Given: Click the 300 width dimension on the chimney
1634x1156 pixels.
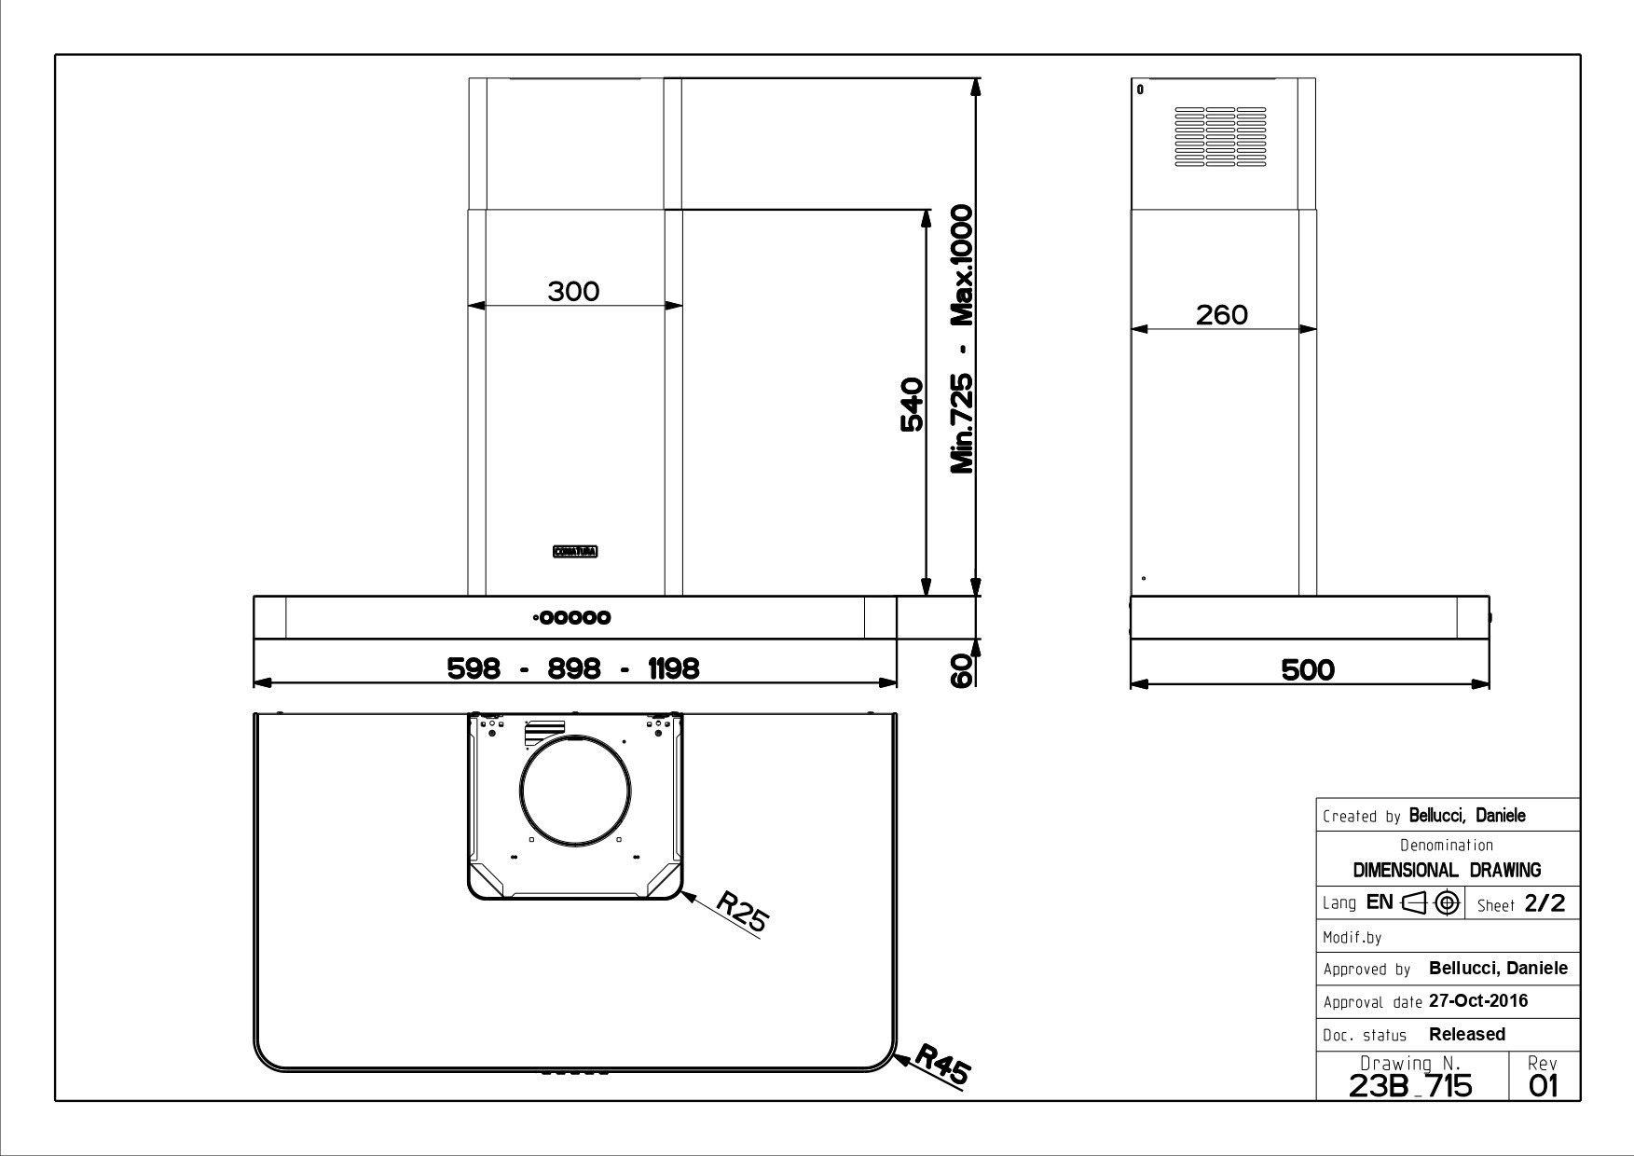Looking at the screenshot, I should [x=573, y=292].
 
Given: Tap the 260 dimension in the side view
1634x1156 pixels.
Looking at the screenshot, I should [x=1221, y=315].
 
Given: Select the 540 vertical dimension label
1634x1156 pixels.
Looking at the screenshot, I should [x=912, y=405].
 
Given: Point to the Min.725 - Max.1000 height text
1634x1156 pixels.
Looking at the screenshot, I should [x=962, y=339].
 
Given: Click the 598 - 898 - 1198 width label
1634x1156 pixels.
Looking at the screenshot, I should [x=573, y=668].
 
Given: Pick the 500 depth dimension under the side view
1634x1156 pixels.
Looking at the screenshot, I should [x=1308, y=669].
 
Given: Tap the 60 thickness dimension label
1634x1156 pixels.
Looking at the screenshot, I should [x=962, y=670].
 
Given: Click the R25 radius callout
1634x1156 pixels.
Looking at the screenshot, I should [x=742, y=912].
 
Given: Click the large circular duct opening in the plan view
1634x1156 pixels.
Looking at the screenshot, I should [x=576, y=790].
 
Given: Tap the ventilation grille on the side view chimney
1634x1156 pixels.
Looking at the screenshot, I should [x=1220, y=137].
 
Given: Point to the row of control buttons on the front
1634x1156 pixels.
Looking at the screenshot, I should [x=574, y=617].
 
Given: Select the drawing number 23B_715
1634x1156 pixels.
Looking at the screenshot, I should [x=1410, y=1085].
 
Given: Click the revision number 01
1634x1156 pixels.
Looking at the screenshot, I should [x=1543, y=1085].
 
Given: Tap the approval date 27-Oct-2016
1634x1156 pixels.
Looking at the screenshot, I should [x=1477, y=1001].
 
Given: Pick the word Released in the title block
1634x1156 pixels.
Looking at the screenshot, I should [x=1466, y=1034].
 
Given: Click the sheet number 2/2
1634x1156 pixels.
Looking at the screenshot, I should [x=1544, y=903].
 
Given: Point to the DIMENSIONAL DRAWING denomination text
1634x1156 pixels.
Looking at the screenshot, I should [x=1447, y=870].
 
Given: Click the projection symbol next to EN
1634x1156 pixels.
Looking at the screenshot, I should [x=1432, y=902].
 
